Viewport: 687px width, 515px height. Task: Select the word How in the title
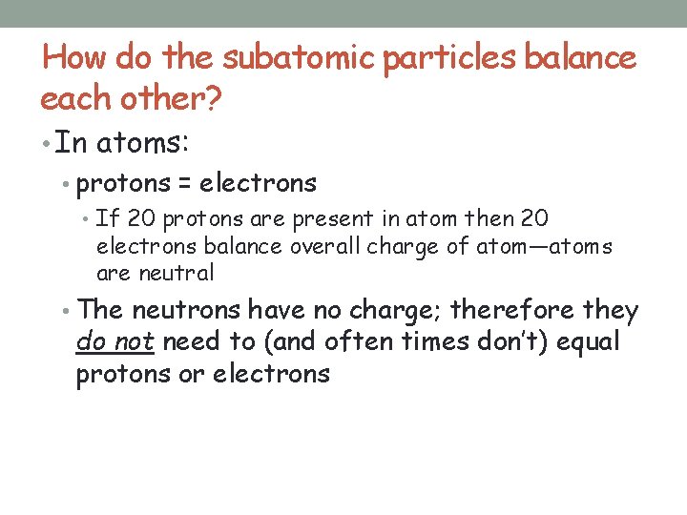pos(75,58)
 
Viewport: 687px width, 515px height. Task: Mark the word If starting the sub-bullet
pos(106,220)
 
